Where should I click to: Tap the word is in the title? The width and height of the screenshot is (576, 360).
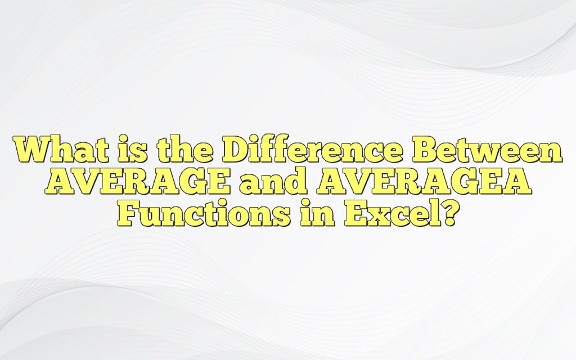click(x=124, y=150)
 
